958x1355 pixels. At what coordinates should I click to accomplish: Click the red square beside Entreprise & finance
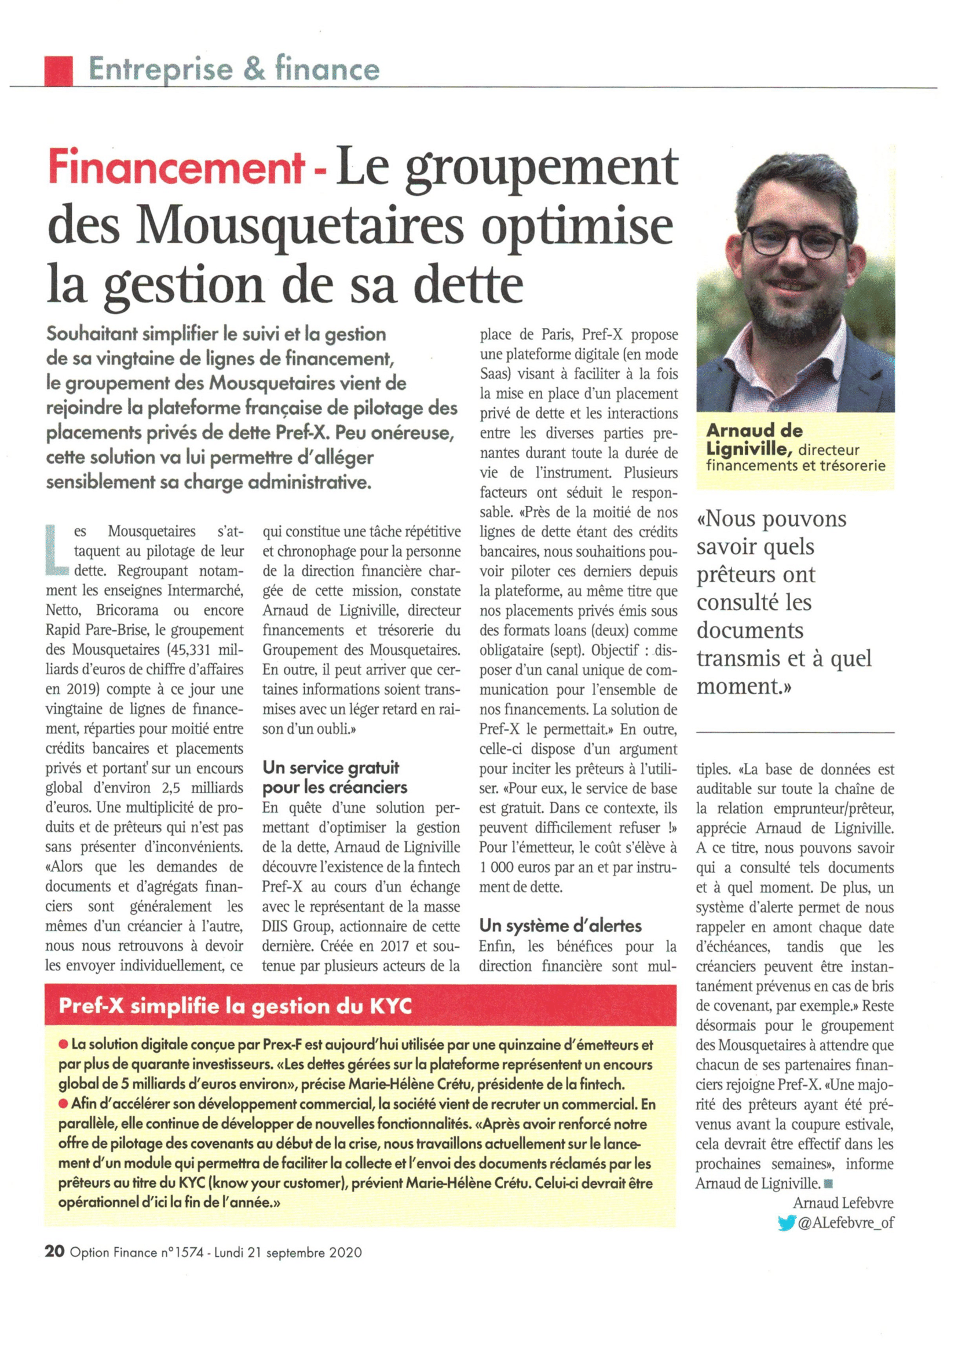[x=58, y=70]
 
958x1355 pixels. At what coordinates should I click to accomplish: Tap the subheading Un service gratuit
[x=331, y=768]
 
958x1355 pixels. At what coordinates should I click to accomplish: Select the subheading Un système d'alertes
[x=561, y=925]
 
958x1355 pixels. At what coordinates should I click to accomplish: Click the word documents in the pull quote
[x=749, y=630]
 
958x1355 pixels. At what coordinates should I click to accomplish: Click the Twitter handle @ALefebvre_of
[x=845, y=1223]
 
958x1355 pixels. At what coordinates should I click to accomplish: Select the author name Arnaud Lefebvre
[x=843, y=1203]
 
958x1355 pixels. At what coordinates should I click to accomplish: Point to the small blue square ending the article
[x=828, y=1184]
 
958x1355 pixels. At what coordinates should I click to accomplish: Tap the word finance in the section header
[x=327, y=69]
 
